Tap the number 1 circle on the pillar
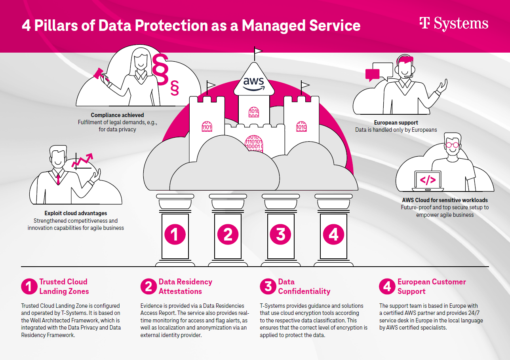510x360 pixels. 175,234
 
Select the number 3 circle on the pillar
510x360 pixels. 280,234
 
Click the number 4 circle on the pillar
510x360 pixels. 333,234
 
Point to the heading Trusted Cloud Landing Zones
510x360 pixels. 63,286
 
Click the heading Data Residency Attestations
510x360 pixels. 185,286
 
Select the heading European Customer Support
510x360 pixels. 431,286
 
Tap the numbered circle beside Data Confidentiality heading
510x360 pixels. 268,286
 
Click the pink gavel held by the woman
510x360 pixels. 100,74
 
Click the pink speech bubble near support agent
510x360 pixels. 372,74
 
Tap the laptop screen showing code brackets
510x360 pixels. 427,180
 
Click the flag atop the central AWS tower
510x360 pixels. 258,51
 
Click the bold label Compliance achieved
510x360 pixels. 117,115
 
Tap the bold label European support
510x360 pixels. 396,123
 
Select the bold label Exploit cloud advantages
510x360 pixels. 76,213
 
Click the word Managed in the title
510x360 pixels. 273,25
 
